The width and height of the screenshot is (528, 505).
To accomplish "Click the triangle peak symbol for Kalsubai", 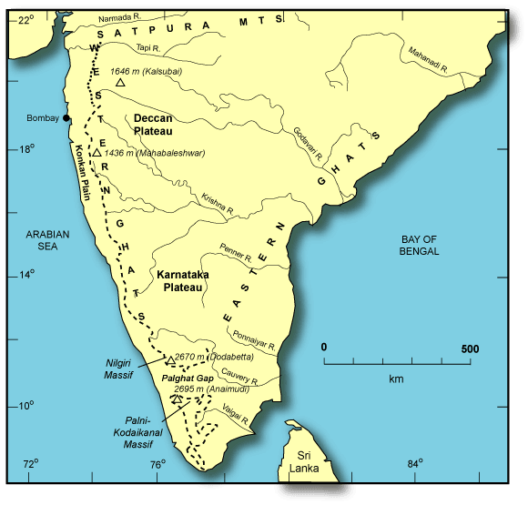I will point(120,83).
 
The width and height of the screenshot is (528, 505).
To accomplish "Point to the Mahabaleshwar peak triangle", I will point(96,153).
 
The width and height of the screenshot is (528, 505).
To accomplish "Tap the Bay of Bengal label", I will point(420,245).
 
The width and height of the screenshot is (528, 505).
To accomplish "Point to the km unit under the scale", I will point(396,378).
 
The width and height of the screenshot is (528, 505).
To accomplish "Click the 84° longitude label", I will point(416,465).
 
